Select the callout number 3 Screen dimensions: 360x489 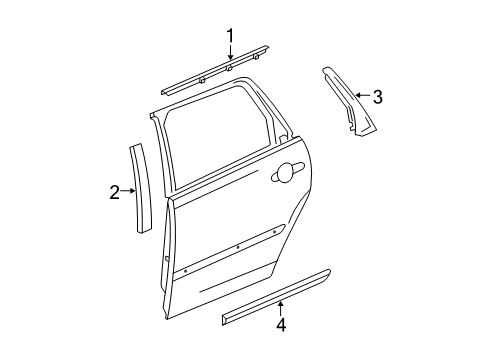click(x=377, y=97)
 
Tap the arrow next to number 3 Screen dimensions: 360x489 click(x=360, y=97)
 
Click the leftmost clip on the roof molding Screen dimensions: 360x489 click(x=202, y=78)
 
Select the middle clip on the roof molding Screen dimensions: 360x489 click(x=229, y=71)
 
